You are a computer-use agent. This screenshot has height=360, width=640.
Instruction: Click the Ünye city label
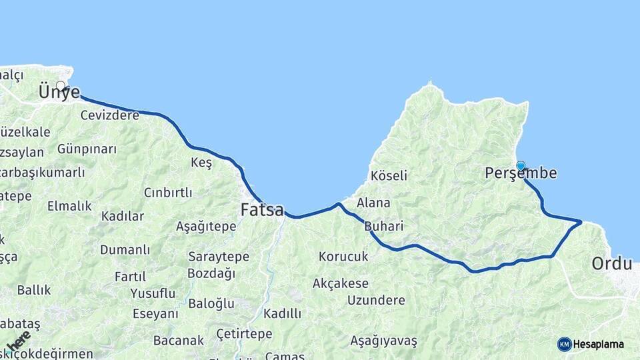59,93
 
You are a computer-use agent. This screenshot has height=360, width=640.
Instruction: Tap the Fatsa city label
262,210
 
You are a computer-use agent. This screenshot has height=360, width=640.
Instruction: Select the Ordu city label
611,263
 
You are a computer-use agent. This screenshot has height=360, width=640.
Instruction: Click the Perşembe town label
521,173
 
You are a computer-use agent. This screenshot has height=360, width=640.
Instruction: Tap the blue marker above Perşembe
521,165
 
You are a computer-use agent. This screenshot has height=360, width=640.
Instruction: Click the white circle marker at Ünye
61,85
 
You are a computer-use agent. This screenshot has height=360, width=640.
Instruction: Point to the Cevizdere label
110,115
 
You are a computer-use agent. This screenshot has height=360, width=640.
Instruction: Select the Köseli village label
389,175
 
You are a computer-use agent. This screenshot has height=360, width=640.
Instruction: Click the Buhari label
384,226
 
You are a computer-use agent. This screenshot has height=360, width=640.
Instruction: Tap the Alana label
373,203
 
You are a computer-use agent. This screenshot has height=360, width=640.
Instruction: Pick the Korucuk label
343,256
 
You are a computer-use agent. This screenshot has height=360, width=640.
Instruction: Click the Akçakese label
341,283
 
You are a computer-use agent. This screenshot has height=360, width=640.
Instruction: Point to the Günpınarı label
87,149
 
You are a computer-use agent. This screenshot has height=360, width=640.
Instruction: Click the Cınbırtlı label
168,193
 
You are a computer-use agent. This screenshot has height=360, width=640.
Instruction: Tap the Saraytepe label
219,257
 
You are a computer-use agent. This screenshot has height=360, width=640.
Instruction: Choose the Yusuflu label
153,293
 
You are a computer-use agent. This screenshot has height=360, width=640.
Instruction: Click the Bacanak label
179,341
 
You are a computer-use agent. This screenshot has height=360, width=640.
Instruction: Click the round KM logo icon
565,344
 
